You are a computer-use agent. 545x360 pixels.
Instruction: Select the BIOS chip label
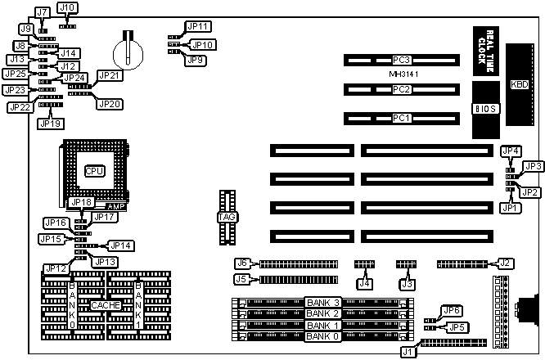click(485, 106)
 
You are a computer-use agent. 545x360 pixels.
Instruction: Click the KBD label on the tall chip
click(519, 84)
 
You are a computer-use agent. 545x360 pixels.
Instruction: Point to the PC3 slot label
click(401, 60)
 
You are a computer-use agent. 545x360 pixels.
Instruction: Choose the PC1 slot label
click(401, 118)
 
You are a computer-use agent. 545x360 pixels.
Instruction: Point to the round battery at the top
click(129, 52)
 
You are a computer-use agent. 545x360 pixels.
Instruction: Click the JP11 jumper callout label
click(198, 26)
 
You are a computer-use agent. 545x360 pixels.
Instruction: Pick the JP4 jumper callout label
click(511, 151)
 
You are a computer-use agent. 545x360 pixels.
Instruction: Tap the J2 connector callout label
click(506, 263)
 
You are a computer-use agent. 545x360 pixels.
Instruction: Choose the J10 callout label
click(69, 7)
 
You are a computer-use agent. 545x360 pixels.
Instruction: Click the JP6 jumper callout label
click(451, 310)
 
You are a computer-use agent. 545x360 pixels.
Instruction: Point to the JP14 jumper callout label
click(121, 245)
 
